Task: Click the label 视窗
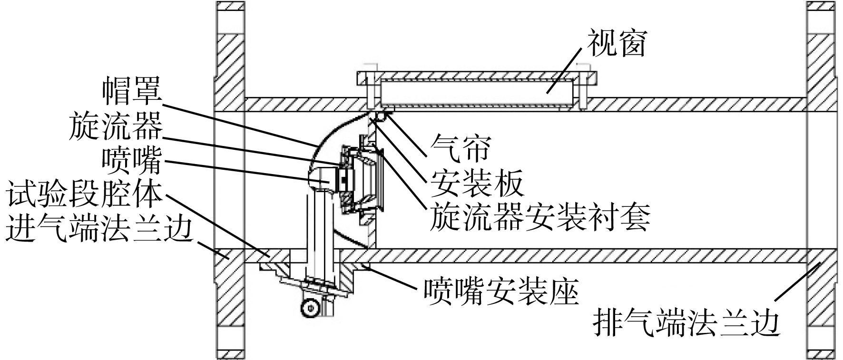pyautogui.click(x=617, y=44)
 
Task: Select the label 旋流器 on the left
pyautogui.click(x=116, y=126)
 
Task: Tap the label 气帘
pyautogui.click(x=459, y=148)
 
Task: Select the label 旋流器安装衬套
pyautogui.click(x=539, y=217)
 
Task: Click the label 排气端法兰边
pyautogui.click(x=686, y=324)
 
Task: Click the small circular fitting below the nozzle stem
pyautogui.click(x=310, y=307)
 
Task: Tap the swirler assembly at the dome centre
pyautogui.click(x=362, y=178)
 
